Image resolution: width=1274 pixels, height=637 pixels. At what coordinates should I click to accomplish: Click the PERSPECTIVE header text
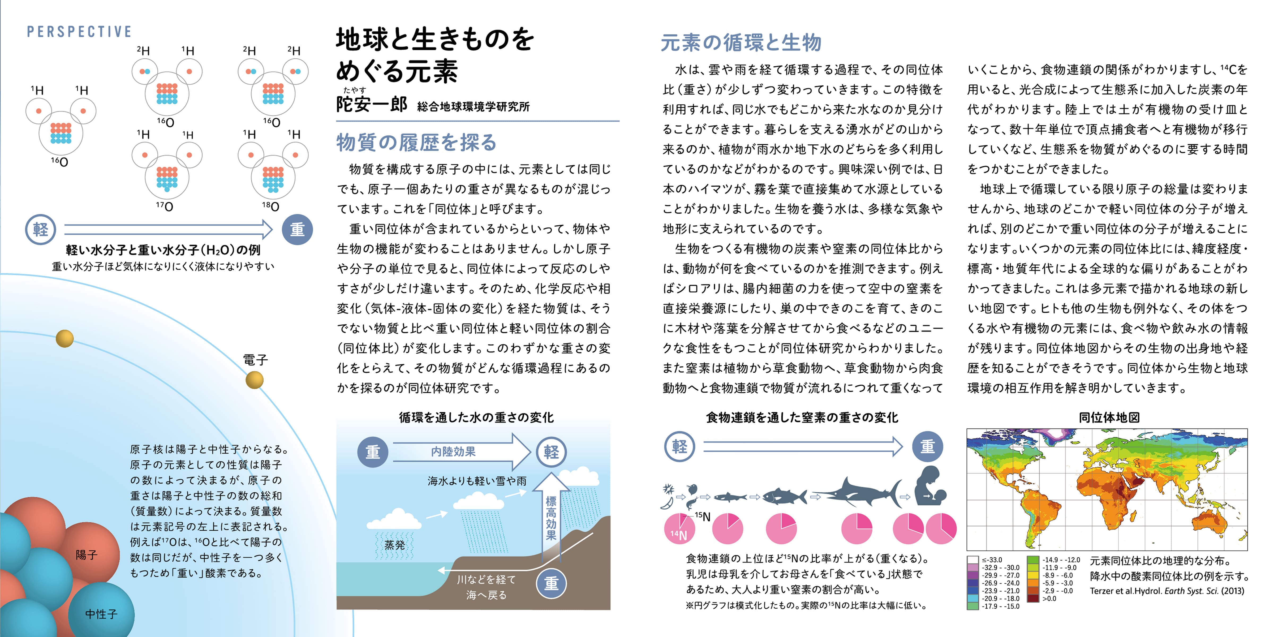(x=79, y=32)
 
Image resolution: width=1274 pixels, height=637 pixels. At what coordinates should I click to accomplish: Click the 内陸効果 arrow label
(x=453, y=451)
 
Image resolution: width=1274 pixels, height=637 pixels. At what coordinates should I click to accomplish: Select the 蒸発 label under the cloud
(x=395, y=545)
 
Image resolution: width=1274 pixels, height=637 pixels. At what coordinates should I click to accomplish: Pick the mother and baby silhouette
(x=930, y=487)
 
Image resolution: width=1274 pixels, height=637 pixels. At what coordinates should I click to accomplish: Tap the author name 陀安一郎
(x=371, y=104)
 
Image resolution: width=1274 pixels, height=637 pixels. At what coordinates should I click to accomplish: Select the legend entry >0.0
(x=1049, y=599)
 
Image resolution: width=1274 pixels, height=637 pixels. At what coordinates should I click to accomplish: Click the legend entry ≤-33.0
(x=992, y=560)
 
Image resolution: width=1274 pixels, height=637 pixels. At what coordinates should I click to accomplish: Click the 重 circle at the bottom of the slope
(x=552, y=584)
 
